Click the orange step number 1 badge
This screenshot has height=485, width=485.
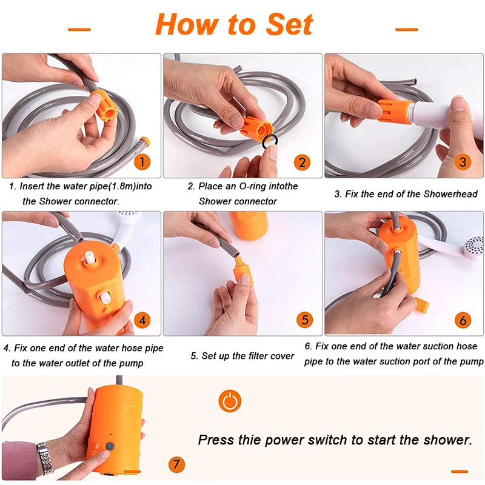point(142,162)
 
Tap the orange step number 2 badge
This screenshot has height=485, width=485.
point(302,162)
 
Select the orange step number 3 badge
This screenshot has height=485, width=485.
point(463,162)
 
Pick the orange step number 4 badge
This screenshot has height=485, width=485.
point(142,320)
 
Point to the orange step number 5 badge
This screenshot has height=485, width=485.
point(305,320)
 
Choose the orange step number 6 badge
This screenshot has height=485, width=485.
point(463,320)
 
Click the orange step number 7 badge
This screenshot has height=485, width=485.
point(176,464)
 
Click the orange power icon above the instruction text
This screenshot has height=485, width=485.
point(230,401)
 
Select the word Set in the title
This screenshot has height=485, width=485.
point(290,25)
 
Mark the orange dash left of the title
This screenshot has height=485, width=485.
point(79,29)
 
